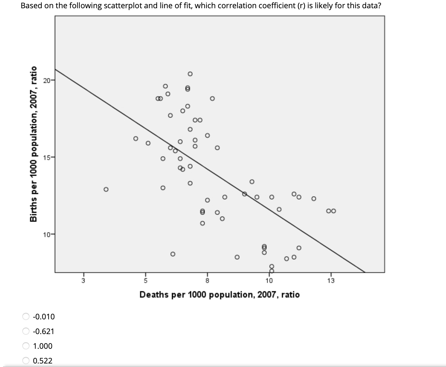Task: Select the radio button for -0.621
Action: click(x=26, y=331)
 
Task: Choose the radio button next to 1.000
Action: click(x=26, y=346)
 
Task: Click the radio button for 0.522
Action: click(x=26, y=361)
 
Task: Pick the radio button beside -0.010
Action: click(x=26, y=317)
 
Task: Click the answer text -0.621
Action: click(x=44, y=331)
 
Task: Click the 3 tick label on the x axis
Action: click(x=83, y=281)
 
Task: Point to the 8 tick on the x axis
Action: click(x=207, y=281)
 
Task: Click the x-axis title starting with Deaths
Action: click(x=219, y=294)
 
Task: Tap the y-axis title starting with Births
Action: click(x=34, y=144)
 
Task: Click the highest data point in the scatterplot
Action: click(x=190, y=74)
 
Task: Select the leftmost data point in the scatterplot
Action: click(x=106, y=189)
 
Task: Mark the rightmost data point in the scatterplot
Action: click(x=333, y=211)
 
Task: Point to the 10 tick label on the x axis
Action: click(x=269, y=281)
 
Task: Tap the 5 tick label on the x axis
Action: click(x=145, y=281)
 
